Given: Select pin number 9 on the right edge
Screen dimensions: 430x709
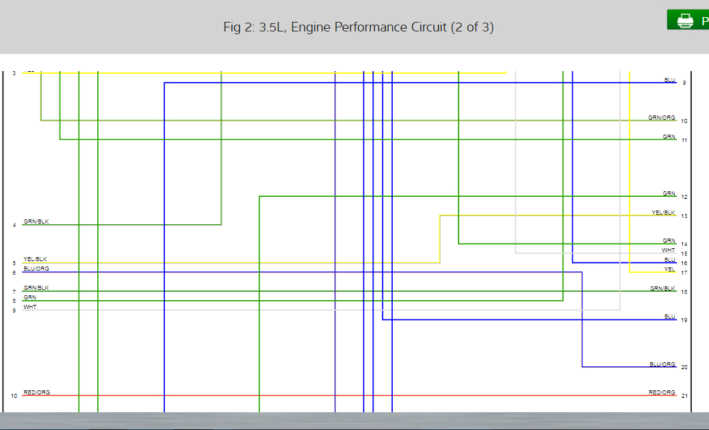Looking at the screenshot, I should point(684,83).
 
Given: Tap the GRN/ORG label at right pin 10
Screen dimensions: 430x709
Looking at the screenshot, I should point(662,118).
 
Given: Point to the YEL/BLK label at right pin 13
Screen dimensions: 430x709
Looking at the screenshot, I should point(663,213).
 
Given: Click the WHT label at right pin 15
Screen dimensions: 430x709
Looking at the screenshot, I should point(669,250).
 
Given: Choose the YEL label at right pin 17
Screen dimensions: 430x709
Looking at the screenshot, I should point(669,269).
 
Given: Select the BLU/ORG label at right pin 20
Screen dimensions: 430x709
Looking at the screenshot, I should point(662,364).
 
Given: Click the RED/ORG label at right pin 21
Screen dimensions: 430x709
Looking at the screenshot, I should point(662,392).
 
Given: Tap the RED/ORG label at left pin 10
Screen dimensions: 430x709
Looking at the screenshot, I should point(36,392).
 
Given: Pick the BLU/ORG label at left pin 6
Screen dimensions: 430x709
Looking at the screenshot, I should point(36,269).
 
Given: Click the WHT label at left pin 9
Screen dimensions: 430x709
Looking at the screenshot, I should point(30,307).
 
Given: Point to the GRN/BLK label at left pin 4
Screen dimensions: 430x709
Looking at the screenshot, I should point(36,221).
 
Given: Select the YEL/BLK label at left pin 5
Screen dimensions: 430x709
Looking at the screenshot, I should point(36,259).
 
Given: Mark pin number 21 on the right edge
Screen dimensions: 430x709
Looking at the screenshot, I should point(684,396).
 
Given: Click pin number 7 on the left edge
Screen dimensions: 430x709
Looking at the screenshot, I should point(14,292).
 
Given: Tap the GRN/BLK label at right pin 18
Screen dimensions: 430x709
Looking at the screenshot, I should point(662,288).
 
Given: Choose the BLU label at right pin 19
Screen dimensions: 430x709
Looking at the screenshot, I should point(669,317).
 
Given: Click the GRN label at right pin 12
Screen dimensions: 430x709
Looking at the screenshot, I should point(669,193).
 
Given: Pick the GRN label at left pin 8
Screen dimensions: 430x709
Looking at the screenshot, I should point(30,297).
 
